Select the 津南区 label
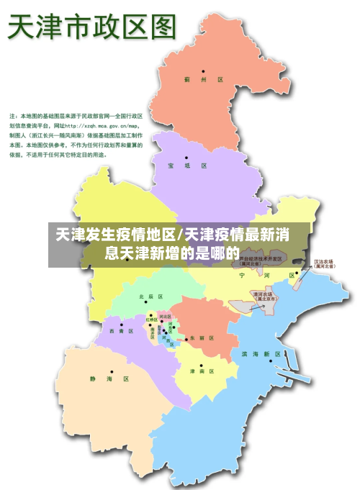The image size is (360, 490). tap(202, 371)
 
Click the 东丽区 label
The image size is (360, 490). tap(202, 337)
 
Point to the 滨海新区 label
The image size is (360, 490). tap(261, 354)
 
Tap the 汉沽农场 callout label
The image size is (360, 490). tap(323, 263)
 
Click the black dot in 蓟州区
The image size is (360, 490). tap(203, 71)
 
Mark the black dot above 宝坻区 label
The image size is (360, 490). tap(186, 157)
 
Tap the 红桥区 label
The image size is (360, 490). tap(152, 319)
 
